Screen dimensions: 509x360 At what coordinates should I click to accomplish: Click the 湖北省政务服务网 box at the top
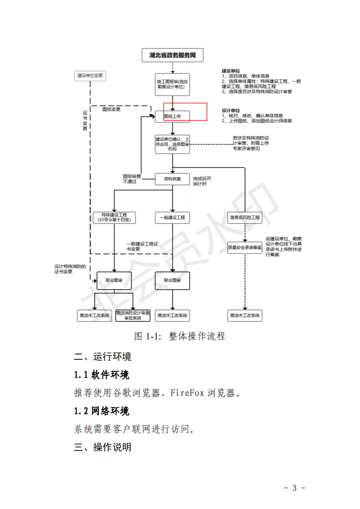(x=172, y=56)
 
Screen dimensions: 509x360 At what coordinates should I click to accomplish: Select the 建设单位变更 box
(x=90, y=76)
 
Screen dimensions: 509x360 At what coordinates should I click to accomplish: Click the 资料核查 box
(x=172, y=179)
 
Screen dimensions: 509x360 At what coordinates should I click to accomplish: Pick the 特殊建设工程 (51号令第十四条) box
(x=114, y=218)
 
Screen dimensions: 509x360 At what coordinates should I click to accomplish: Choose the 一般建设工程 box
(x=172, y=218)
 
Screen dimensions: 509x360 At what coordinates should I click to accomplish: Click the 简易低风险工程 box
(x=245, y=218)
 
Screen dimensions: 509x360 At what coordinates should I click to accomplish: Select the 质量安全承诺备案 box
(x=245, y=247)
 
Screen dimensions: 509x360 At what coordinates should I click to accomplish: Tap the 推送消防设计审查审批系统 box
(x=133, y=315)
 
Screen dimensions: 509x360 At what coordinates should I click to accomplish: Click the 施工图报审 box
(x=172, y=84)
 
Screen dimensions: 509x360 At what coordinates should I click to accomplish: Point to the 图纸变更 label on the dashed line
(x=111, y=109)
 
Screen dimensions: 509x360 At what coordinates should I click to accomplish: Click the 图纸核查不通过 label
(x=132, y=179)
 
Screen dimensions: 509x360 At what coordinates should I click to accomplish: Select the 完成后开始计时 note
(x=202, y=181)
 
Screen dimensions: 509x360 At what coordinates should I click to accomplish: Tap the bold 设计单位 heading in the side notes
(x=231, y=110)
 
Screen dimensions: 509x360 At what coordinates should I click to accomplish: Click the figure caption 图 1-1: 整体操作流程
(x=180, y=336)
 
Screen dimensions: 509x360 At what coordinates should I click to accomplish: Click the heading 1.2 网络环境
(x=102, y=411)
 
